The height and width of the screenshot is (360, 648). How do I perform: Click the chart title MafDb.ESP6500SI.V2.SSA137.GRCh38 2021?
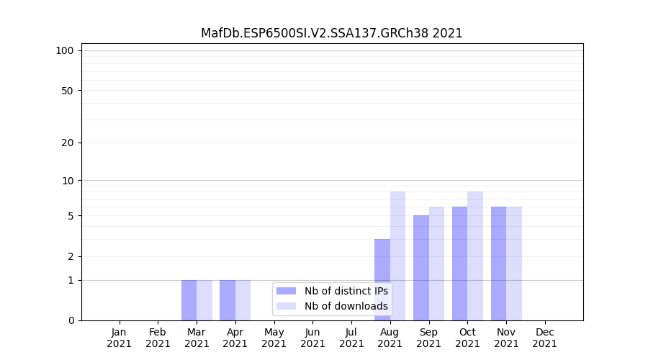coord(331,33)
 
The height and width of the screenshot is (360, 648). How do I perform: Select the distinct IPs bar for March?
coord(189,300)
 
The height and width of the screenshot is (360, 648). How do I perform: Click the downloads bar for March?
coord(204,300)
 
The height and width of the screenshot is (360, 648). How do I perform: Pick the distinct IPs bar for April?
coord(228,300)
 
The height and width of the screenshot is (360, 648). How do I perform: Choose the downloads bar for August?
coord(397,256)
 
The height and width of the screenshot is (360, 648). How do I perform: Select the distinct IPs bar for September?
coord(421,268)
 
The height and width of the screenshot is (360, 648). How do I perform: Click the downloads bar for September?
coord(436,264)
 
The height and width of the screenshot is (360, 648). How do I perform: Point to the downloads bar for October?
coord(475,256)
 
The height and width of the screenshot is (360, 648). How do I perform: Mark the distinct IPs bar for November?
coord(498,264)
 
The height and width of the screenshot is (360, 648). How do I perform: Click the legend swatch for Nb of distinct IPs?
coord(287,291)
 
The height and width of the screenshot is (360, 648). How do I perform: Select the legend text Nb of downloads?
coord(346,306)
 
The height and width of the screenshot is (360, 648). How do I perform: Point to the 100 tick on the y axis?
coord(65,50)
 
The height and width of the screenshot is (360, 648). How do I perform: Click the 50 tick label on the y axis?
coord(68,91)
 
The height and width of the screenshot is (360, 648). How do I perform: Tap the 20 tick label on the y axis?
coord(68,143)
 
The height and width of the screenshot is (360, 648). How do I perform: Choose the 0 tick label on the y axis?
coord(71,320)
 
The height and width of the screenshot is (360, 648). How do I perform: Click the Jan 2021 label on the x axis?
coord(120,338)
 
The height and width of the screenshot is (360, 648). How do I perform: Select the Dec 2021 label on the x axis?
coord(545,338)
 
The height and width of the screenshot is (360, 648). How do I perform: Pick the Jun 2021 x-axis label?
coord(312,338)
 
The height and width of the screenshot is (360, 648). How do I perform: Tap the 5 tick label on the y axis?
coord(71,216)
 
